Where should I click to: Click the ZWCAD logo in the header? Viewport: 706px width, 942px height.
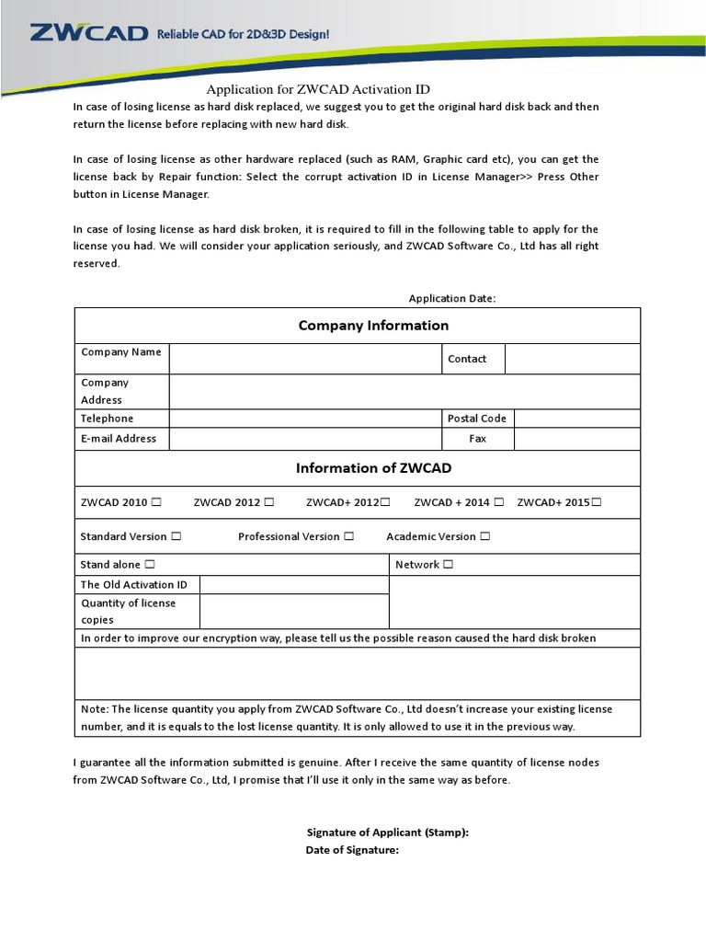coord(88,34)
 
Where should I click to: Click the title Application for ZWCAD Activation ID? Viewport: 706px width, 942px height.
coord(318,89)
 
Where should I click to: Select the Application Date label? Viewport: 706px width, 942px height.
coord(452,298)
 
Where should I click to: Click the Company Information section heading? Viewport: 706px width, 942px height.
coord(373,325)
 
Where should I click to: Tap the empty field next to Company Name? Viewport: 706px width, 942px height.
coord(304,359)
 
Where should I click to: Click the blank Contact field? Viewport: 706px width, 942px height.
coord(573,359)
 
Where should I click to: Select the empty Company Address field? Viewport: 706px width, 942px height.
coord(404,391)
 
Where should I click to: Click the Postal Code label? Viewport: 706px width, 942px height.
coord(476,418)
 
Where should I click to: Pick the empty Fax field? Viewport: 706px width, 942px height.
coord(576,439)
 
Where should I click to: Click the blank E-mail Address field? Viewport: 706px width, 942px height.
coord(304,439)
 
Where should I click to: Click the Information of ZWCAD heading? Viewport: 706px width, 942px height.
coord(373,468)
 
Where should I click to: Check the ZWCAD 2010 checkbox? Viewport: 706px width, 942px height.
coord(156,502)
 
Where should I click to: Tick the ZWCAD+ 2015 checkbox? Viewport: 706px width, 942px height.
coord(598,502)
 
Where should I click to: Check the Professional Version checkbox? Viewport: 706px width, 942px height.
coord(349,536)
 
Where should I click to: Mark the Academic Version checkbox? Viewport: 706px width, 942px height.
coord(485,536)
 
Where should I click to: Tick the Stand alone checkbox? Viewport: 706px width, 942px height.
coord(150,564)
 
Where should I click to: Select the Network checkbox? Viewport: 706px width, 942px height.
coord(449,564)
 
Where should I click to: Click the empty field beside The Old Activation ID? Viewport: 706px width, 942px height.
coord(294,585)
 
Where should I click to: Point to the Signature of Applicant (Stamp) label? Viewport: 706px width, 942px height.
coord(387,833)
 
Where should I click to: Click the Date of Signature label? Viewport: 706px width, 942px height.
coord(352,850)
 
